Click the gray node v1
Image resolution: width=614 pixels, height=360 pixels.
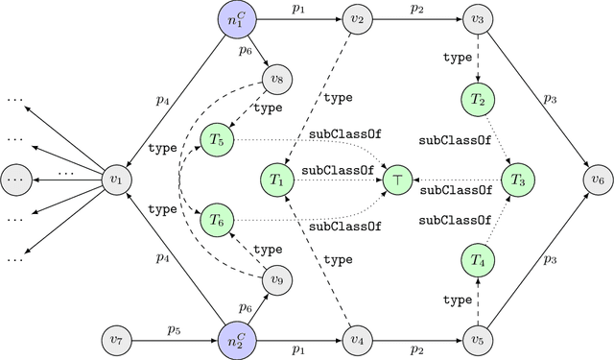117,180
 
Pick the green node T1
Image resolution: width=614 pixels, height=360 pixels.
278,180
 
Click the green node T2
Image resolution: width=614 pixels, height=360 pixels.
477,100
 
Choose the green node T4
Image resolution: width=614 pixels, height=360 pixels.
477,259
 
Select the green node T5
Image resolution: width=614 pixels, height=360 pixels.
216,140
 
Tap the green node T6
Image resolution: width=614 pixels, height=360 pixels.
216,220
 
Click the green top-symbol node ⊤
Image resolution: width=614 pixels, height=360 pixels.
397,180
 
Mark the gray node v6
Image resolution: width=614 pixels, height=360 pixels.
598,180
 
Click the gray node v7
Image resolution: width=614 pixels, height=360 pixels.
117,340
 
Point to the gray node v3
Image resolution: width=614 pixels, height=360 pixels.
477,19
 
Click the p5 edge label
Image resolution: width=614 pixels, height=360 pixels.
175,329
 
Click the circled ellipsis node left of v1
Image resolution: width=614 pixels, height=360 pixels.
15,180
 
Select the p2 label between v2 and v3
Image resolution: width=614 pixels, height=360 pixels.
417,8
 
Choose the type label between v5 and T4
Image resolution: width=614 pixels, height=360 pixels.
458,300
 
